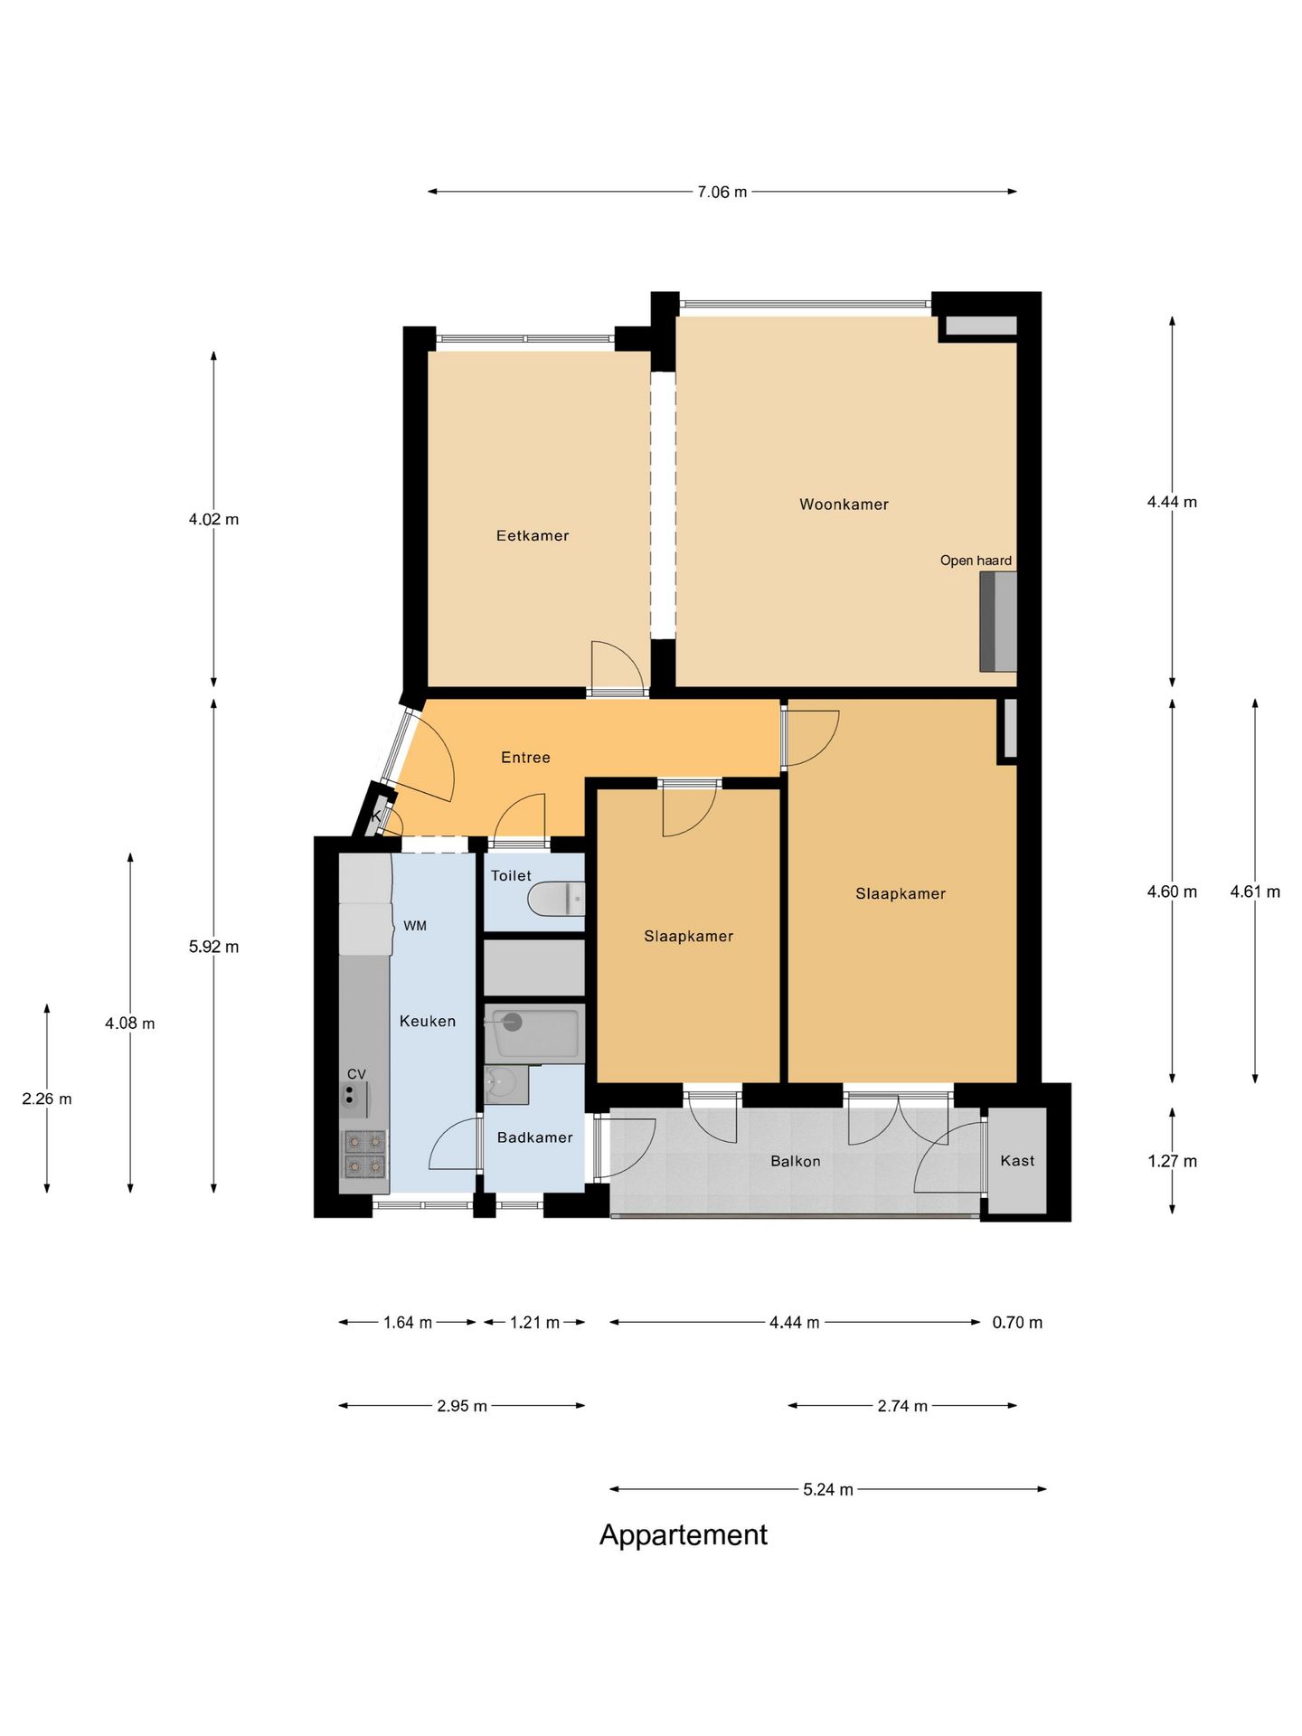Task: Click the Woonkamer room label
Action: click(x=844, y=505)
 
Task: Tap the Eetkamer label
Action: click(x=533, y=535)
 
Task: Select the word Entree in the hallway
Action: click(x=525, y=758)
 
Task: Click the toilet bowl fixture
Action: click(x=556, y=899)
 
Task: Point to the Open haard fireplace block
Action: click(x=998, y=621)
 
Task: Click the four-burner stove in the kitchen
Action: click(x=364, y=1155)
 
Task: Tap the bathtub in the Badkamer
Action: click(x=533, y=1033)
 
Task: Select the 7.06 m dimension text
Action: click(x=722, y=192)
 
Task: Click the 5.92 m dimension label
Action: click(x=213, y=947)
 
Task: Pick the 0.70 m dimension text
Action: click(x=1017, y=1322)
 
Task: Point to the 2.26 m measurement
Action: click(x=47, y=1099)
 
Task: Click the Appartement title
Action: click(x=683, y=1534)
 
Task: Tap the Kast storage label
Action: click(x=1017, y=1160)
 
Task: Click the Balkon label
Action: click(x=796, y=1161)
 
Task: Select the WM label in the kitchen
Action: click(x=415, y=926)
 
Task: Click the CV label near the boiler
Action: click(x=356, y=1074)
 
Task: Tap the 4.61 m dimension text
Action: click(x=1255, y=892)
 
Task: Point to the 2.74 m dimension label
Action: click(x=902, y=1405)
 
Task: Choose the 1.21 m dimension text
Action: click(x=534, y=1322)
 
